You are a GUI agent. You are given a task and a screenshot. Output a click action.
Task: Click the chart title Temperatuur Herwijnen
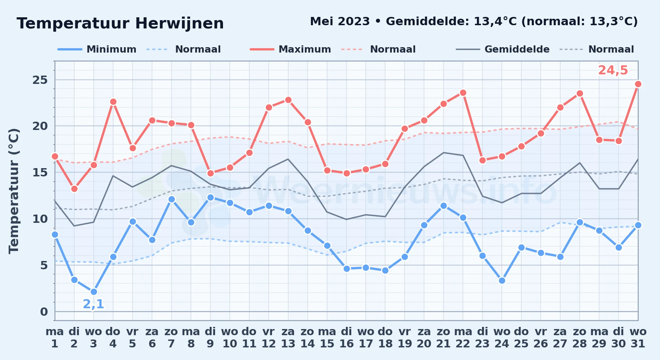point(120,24)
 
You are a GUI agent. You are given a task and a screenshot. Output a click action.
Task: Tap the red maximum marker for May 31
point(638,84)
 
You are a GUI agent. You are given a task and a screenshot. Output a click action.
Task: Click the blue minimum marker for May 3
point(94,292)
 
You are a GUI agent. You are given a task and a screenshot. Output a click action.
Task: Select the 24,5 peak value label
point(613,71)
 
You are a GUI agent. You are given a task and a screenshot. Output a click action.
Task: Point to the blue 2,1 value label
point(94,304)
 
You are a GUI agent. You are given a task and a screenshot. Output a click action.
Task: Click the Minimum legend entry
point(97,49)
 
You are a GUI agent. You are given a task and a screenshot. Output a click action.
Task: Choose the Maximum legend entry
point(291,49)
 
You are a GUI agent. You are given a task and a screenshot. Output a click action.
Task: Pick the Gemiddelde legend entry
point(503,49)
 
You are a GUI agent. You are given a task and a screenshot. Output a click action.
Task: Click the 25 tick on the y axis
point(40,80)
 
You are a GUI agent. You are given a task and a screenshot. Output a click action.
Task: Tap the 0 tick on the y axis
point(44,312)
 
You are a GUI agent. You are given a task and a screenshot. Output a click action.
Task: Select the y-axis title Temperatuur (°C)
point(14,191)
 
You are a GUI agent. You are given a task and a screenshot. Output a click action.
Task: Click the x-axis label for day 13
point(288,338)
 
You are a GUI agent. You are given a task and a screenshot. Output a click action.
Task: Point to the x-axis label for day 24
point(502,338)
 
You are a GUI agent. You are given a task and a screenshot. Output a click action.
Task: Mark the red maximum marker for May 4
point(113,102)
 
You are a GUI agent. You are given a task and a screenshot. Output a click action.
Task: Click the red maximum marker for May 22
point(463,93)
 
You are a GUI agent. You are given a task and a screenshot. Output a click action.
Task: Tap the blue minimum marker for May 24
point(502,281)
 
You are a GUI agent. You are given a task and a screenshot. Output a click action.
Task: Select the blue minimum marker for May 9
point(210,198)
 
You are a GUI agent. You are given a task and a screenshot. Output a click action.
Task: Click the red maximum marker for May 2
point(74,189)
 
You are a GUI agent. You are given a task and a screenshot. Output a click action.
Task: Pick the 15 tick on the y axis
point(40,172)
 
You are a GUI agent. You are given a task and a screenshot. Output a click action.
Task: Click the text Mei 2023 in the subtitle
point(340,22)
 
